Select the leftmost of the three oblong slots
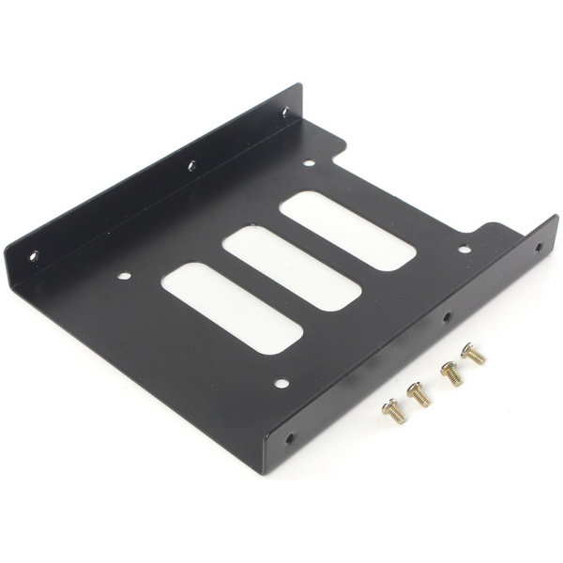click(232, 307)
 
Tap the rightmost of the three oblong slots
click(347, 230)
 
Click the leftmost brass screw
click(392, 410)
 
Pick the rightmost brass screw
click(473, 354)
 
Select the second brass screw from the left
click(418, 392)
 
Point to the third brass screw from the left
click(451, 373)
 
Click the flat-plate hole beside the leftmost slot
click(124, 277)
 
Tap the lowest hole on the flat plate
click(281, 383)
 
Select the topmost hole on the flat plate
click(309, 163)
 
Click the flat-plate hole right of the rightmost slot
click(464, 250)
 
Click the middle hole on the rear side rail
click(191, 166)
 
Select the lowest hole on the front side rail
click(289, 437)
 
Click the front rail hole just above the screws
click(448, 319)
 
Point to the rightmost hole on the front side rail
click(538, 250)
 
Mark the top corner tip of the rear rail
click(300, 85)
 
